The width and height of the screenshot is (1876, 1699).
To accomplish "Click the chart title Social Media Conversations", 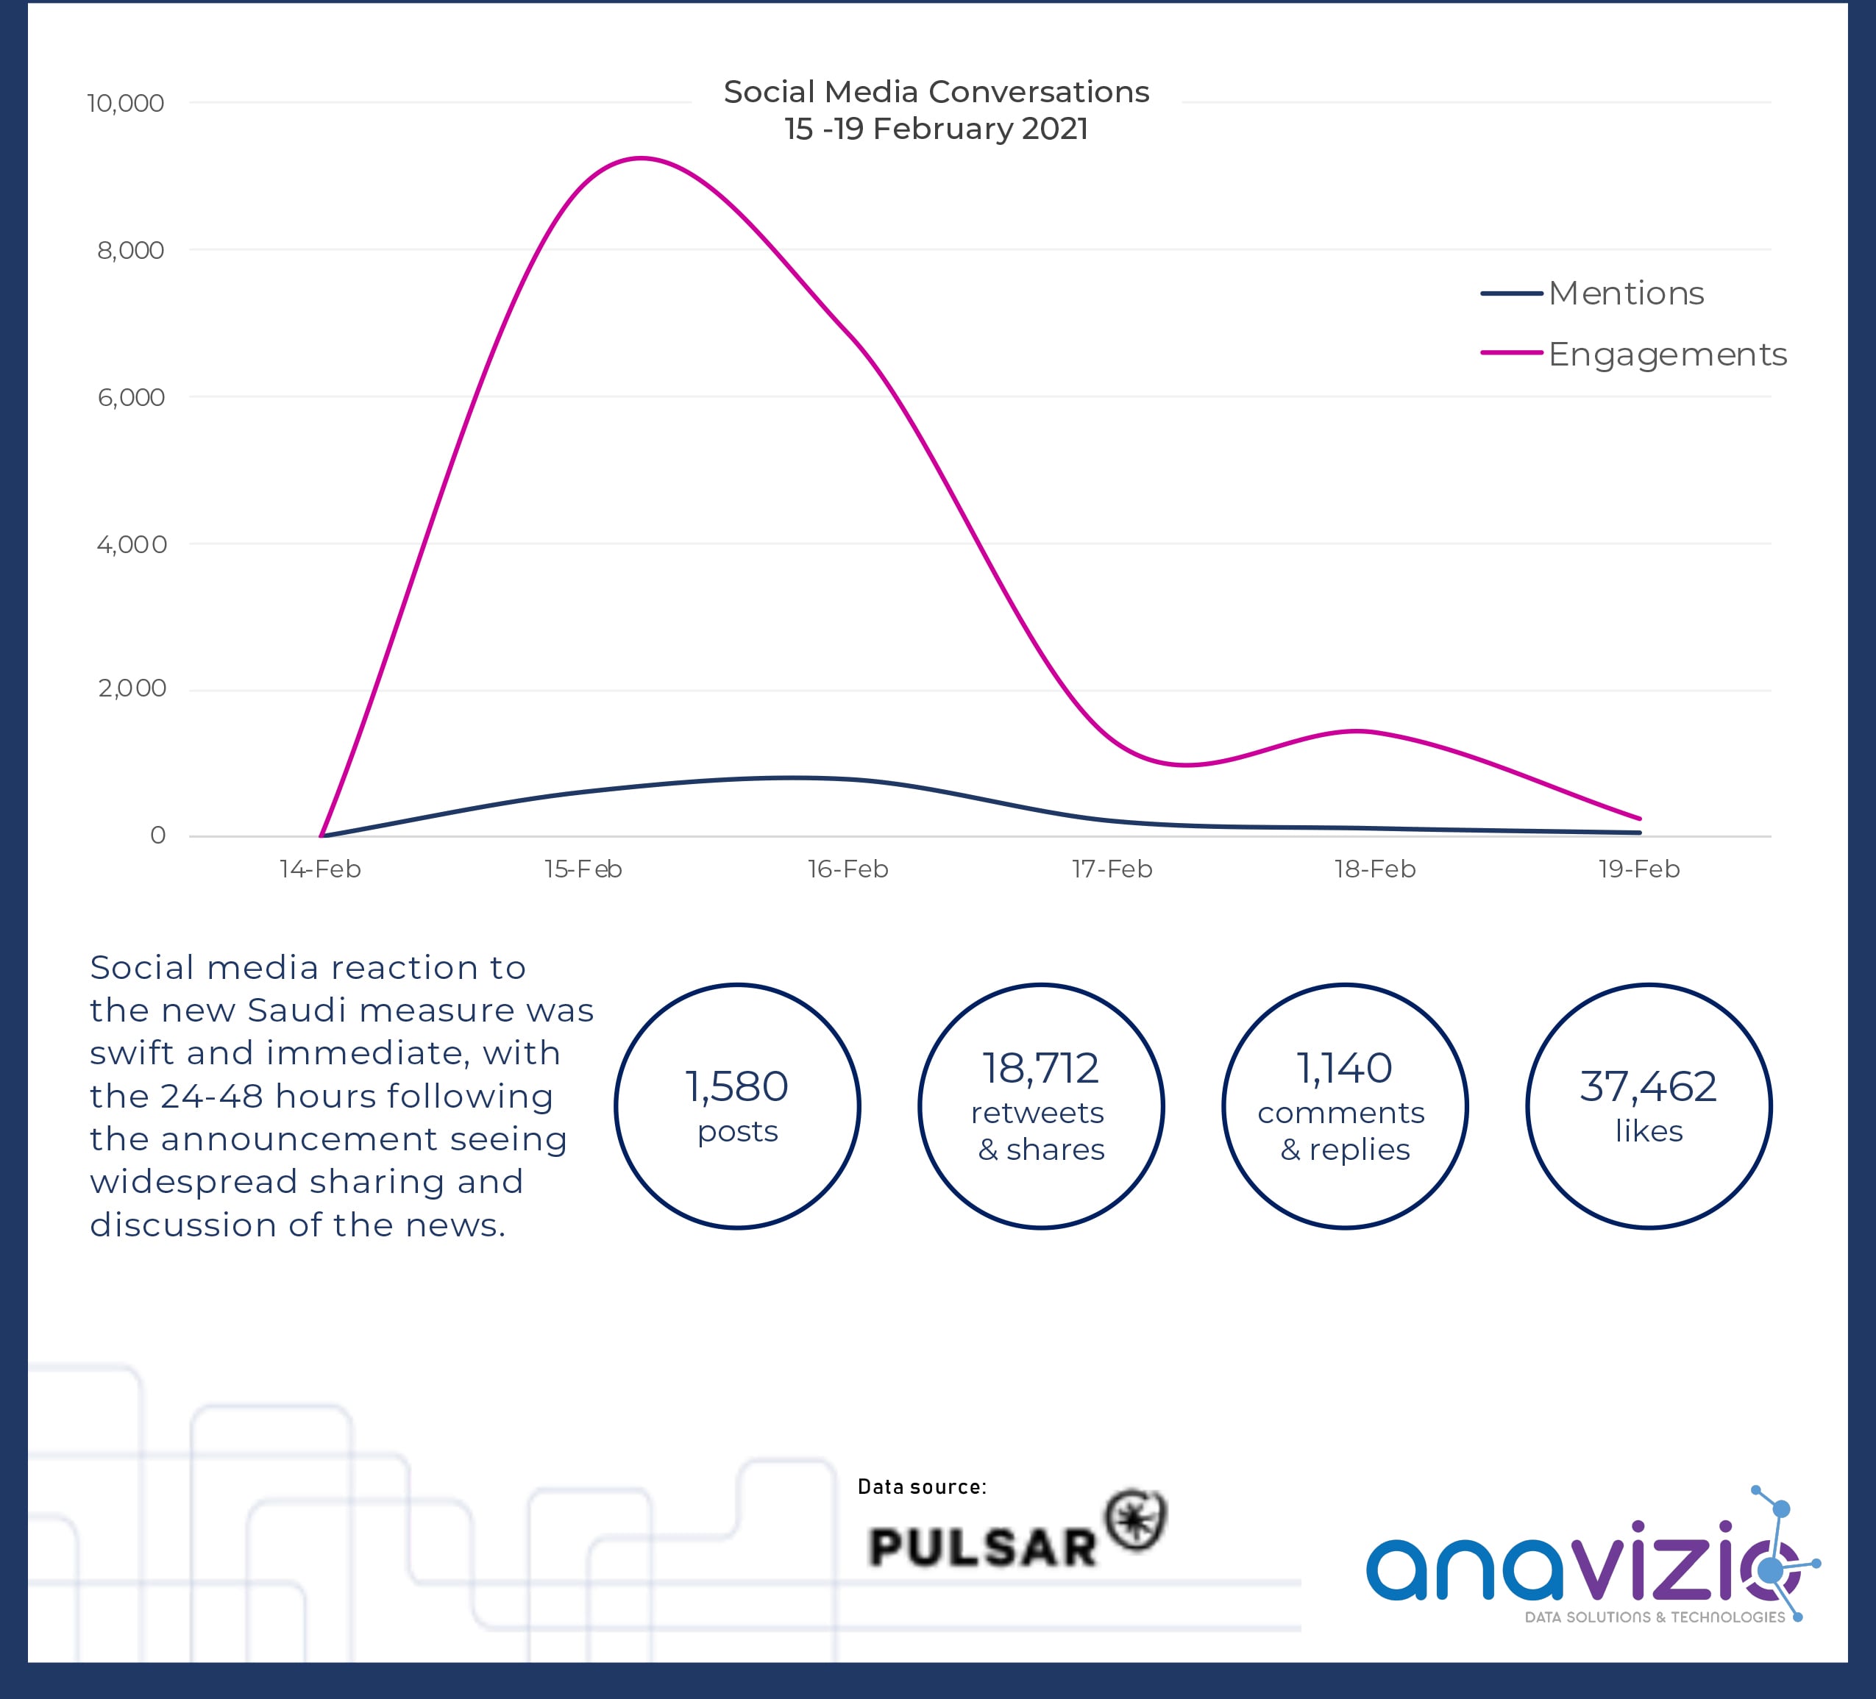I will [x=936, y=92].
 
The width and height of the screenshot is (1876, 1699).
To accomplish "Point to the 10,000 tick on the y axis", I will [x=126, y=103].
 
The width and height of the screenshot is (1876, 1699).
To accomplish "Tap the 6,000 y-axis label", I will [x=131, y=398].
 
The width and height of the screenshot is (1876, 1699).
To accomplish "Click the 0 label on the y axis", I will [x=158, y=836].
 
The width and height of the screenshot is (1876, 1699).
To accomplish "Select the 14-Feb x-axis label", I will [x=320, y=869].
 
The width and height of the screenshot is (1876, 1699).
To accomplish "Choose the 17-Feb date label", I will [x=1112, y=869].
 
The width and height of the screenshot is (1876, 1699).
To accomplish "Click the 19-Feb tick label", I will [x=1638, y=869].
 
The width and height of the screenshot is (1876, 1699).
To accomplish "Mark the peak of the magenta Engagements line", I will [x=642, y=158].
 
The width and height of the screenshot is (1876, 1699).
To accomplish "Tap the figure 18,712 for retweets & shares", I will [x=1040, y=1068].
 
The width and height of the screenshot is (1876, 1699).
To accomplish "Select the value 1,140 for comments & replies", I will [x=1345, y=1068].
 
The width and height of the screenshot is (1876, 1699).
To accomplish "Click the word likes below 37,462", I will [x=1648, y=1131].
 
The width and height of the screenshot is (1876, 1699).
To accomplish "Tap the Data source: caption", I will [x=921, y=1487].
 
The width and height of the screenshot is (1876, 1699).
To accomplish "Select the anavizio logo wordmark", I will [x=1573, y=1568].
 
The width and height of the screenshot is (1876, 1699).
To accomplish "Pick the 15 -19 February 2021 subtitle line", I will [x=936, y=129].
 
